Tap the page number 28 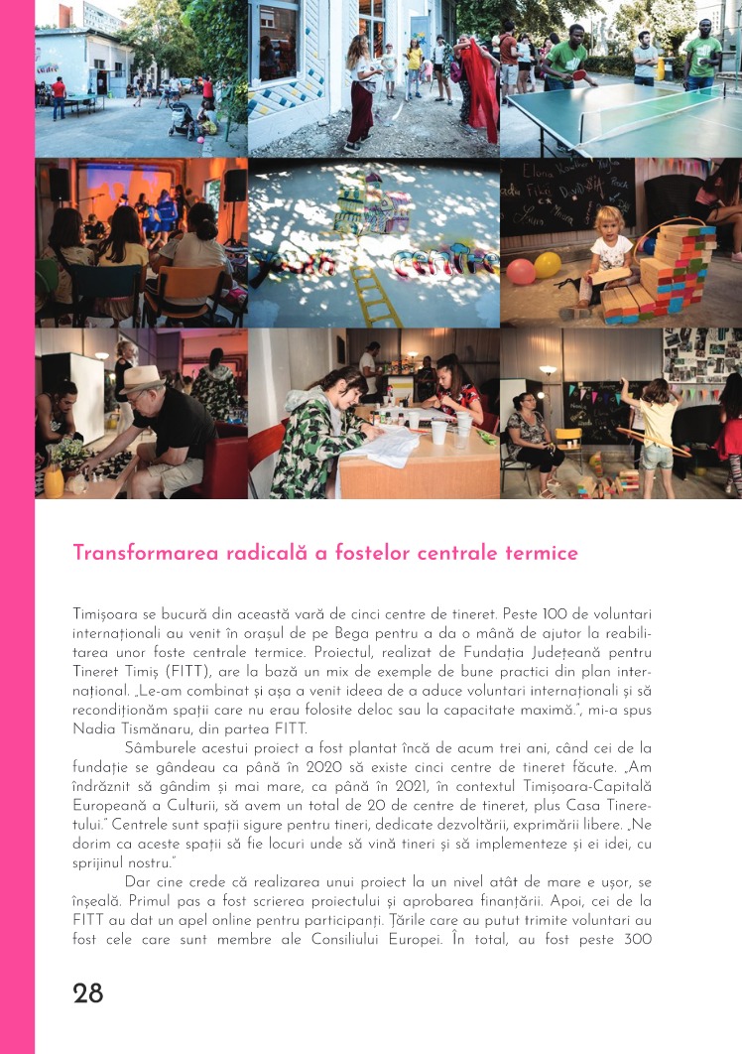pos(88,993)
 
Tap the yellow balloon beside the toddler pos(548,265)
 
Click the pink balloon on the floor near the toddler pos(521,272)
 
